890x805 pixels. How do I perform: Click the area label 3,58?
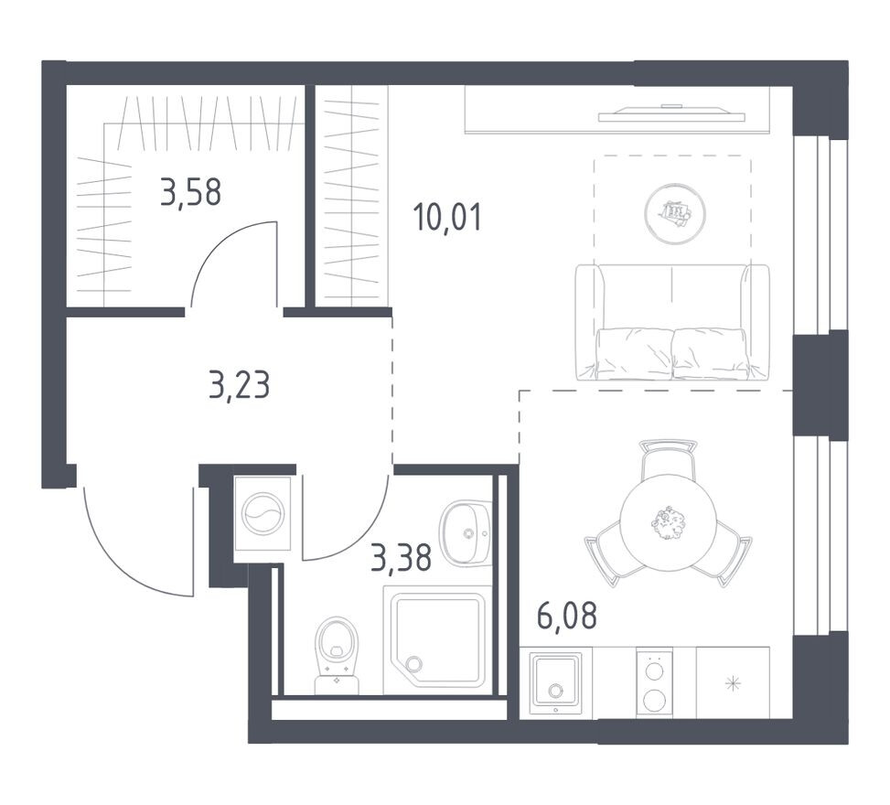coord(190,193)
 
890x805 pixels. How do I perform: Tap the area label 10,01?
coord(446,218)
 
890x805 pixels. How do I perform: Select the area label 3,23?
coord(239,385)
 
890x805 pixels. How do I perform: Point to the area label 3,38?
coord(401,555)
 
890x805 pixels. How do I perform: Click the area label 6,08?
coord(566,617)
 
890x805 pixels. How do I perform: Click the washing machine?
coord(263,513)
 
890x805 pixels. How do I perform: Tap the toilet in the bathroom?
coord(336,654)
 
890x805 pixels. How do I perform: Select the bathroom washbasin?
coord(466,532)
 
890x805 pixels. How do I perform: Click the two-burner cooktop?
coord(654,682)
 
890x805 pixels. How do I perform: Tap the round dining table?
coord(668,522)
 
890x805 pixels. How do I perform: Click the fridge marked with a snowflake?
coord(732,682)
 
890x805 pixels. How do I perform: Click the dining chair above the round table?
coord(668,457)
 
